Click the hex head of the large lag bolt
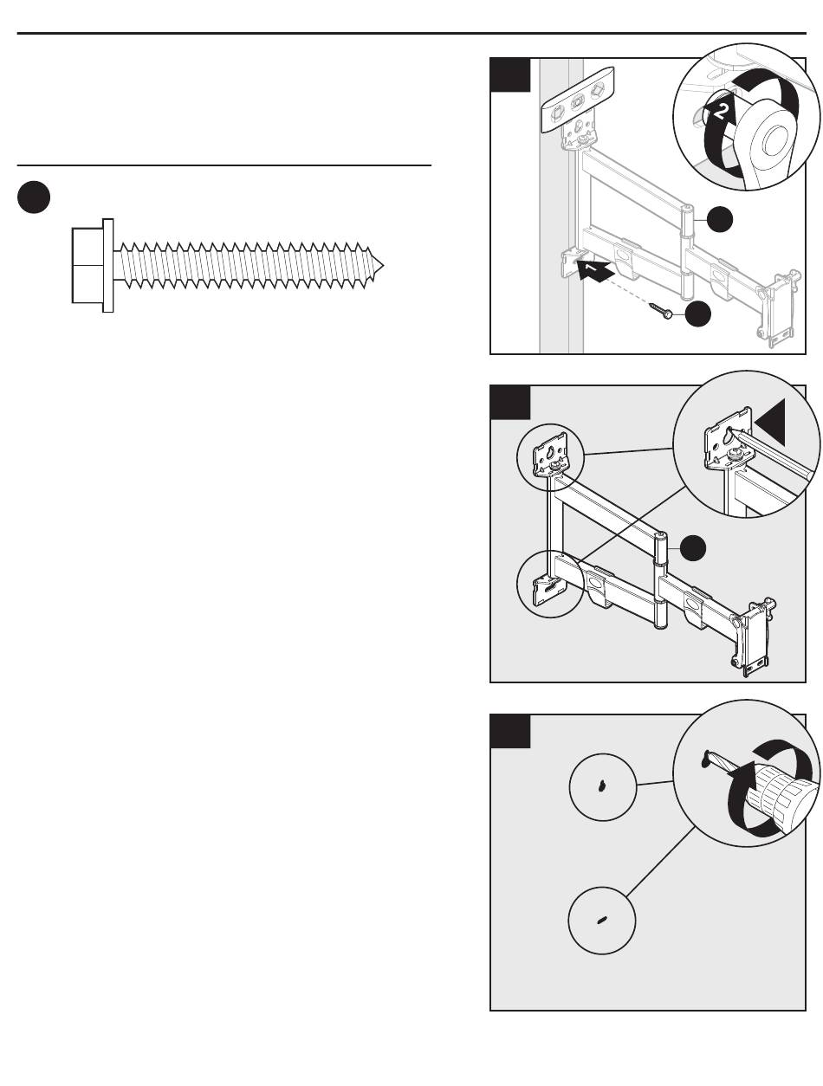coord(87,265)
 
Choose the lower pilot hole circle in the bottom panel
coord(602,921)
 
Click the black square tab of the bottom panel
coord(510,730)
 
